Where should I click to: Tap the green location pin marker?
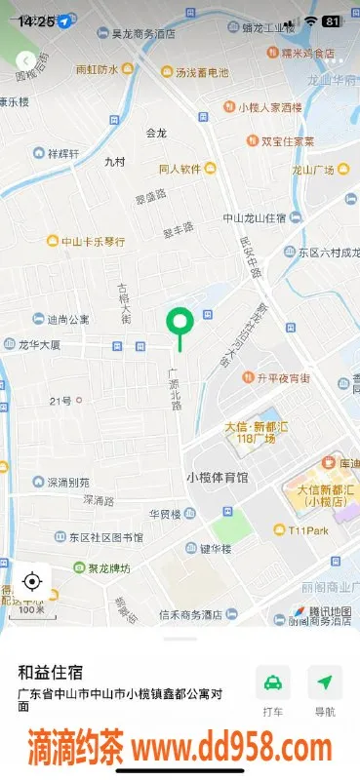click(x=179, y=321)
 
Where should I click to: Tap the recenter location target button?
click(x=31, y=582)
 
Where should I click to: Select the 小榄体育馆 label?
click(x=217, y=478)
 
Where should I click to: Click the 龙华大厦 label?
click(x=39, y=345)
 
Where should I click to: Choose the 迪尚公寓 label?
click(x=67, y=319)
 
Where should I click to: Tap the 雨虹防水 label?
click(x=97, y=70)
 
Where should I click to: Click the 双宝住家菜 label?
click(x=288, y=141)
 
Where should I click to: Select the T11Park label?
click(x=305, y=530)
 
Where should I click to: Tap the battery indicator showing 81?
click(x=332, y=20)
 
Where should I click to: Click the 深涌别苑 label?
click(x=67, y=482)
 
